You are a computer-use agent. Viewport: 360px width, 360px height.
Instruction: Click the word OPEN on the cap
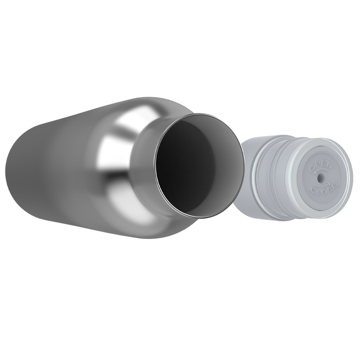[321, 166]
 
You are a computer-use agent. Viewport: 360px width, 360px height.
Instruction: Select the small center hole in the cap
[321, 178]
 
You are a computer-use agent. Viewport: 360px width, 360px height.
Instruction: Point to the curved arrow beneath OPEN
[322, 171]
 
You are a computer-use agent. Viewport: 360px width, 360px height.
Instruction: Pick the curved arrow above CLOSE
[322, 185]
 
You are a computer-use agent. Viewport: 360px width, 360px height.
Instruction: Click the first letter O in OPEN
[312, 168]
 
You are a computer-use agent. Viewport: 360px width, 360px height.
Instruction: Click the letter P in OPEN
[318, 165]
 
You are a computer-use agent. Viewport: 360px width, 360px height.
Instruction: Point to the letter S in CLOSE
[329, 190]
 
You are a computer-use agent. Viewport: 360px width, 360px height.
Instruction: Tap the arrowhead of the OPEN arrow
[315, 172]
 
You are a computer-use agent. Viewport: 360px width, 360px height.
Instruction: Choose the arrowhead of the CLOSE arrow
[329, 183]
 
